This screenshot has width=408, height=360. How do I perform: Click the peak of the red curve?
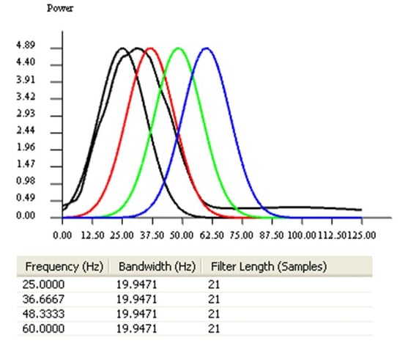(x=150, y=48)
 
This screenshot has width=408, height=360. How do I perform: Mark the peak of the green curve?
(x=178, y=48)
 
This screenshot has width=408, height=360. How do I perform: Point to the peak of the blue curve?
(x=207, y=48)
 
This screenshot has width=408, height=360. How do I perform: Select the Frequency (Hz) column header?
(x=62, y=265)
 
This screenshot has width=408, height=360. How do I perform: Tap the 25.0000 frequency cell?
(x=45, y=282)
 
